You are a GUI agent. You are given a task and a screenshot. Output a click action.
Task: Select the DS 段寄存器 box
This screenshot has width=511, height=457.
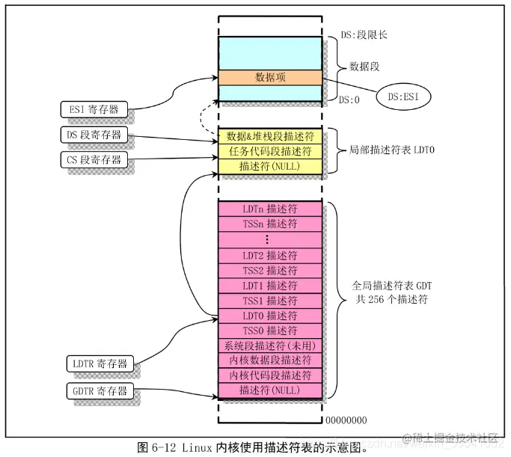(x=94, y=135)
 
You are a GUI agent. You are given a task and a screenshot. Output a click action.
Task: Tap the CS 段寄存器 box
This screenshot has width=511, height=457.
(x=94, y=159)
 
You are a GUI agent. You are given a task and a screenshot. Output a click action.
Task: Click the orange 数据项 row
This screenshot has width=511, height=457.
(x=270, y=77)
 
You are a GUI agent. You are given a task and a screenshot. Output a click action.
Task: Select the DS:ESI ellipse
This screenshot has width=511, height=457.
(x=404, y=96)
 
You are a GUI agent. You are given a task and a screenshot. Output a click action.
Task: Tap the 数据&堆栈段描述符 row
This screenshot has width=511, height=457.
(x=270, y=137)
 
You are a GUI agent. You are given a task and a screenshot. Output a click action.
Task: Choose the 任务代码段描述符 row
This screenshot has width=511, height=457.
(x=270, y=152)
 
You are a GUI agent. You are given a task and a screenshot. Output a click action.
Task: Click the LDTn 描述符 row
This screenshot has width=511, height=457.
(x=270, y=209)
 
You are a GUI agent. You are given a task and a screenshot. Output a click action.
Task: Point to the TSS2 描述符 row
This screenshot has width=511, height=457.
(x=270, y=270)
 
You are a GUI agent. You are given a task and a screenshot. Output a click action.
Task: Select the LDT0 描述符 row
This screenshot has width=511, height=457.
(x=270, y=316)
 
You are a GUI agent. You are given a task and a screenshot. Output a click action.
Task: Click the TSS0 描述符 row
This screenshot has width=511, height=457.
(x=270, y=331)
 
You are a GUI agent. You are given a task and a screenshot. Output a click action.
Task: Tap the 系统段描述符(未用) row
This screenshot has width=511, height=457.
(x=270, y=346)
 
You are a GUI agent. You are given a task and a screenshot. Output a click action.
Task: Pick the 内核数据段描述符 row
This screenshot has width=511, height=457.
(x=270, y=361)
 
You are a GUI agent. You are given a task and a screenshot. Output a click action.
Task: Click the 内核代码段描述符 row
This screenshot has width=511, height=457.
(x=270, y=375)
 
